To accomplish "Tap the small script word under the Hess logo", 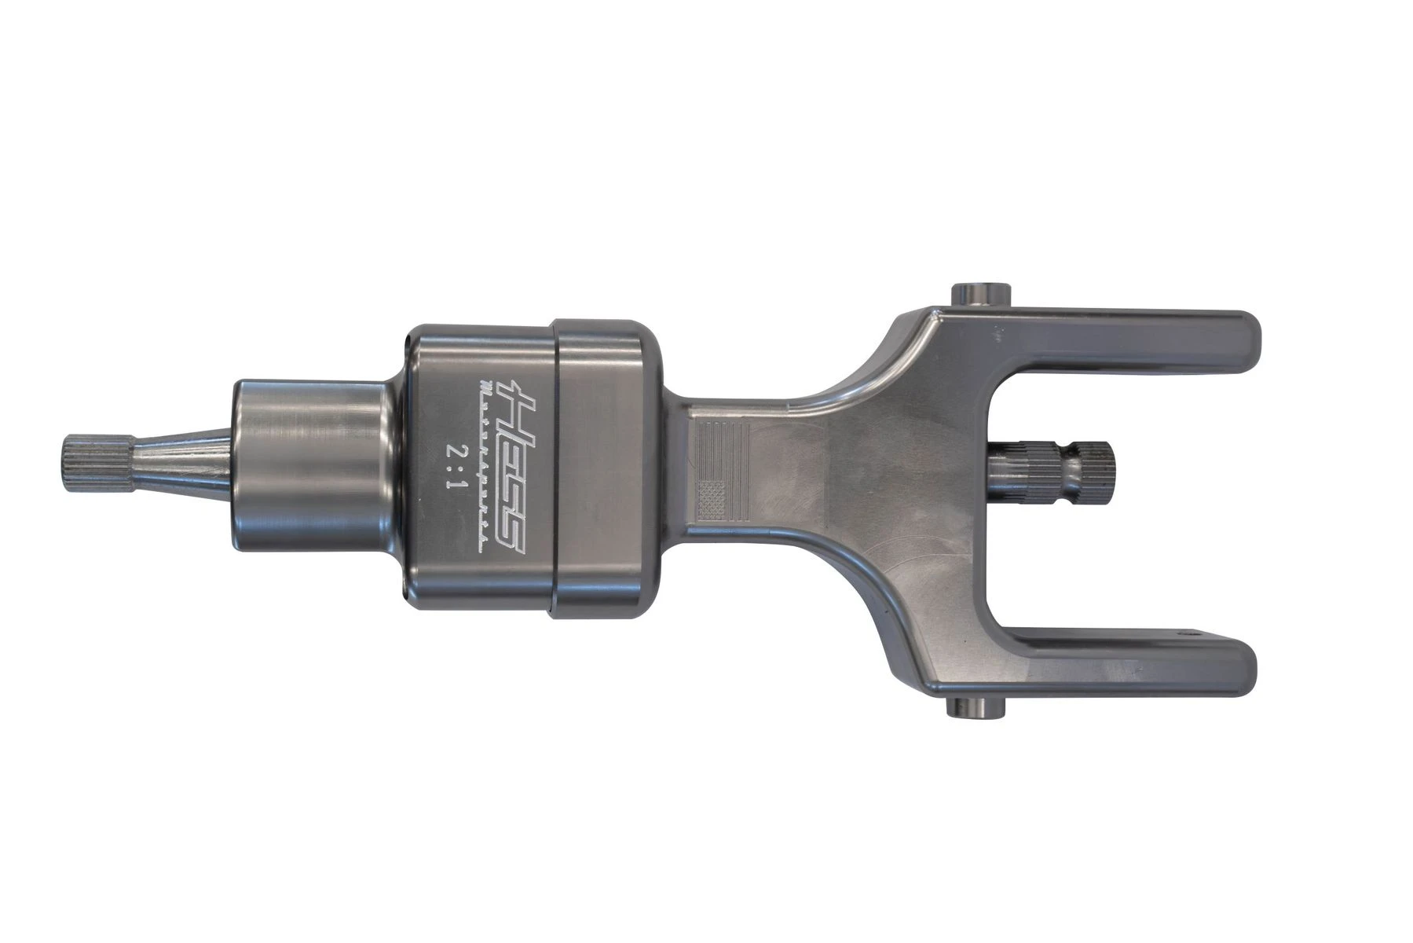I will pos(485,464).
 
